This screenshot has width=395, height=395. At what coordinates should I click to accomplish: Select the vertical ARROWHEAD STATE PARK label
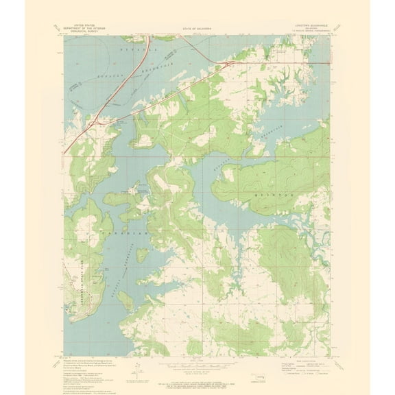click(75, 281)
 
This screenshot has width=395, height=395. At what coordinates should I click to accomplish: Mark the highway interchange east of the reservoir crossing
click(226, 65)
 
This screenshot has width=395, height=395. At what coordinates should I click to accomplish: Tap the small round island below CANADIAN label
click(142, 254)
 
